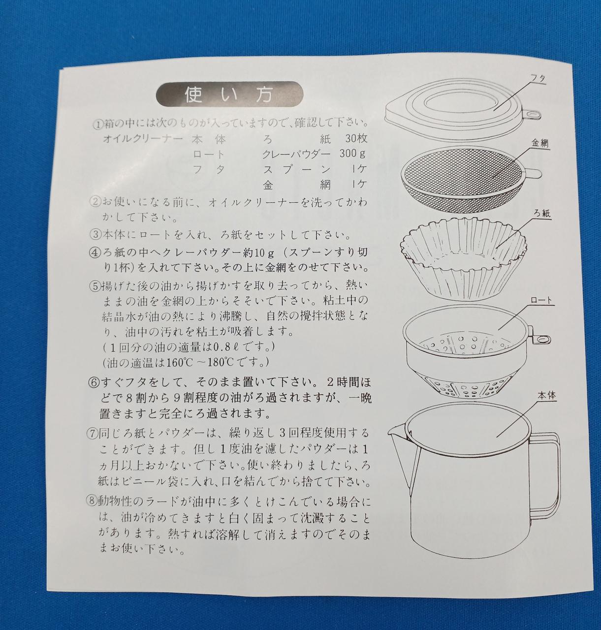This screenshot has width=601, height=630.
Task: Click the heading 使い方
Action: tap(229, 94)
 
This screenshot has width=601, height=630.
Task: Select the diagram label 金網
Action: tap(540, 143)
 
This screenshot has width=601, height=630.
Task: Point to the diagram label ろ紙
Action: tap(542, 214)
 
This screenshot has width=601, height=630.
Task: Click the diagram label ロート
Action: tap(541, 300)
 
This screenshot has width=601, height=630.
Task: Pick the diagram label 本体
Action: tap(547, 396)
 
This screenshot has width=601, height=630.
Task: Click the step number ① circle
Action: tap(97, 125)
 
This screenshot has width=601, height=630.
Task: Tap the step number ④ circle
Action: tap(95, 253)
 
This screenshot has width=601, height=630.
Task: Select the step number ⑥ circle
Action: tap(93, 383)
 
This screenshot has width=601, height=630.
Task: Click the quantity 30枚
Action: tap(356, 138)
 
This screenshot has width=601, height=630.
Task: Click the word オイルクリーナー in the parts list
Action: tap(143, 139)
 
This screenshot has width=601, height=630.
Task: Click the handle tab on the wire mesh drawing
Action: tap(533, 173)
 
